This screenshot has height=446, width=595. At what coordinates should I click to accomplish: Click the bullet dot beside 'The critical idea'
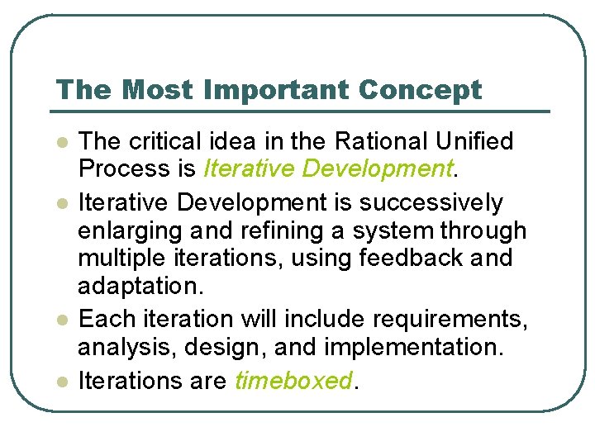59,144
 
